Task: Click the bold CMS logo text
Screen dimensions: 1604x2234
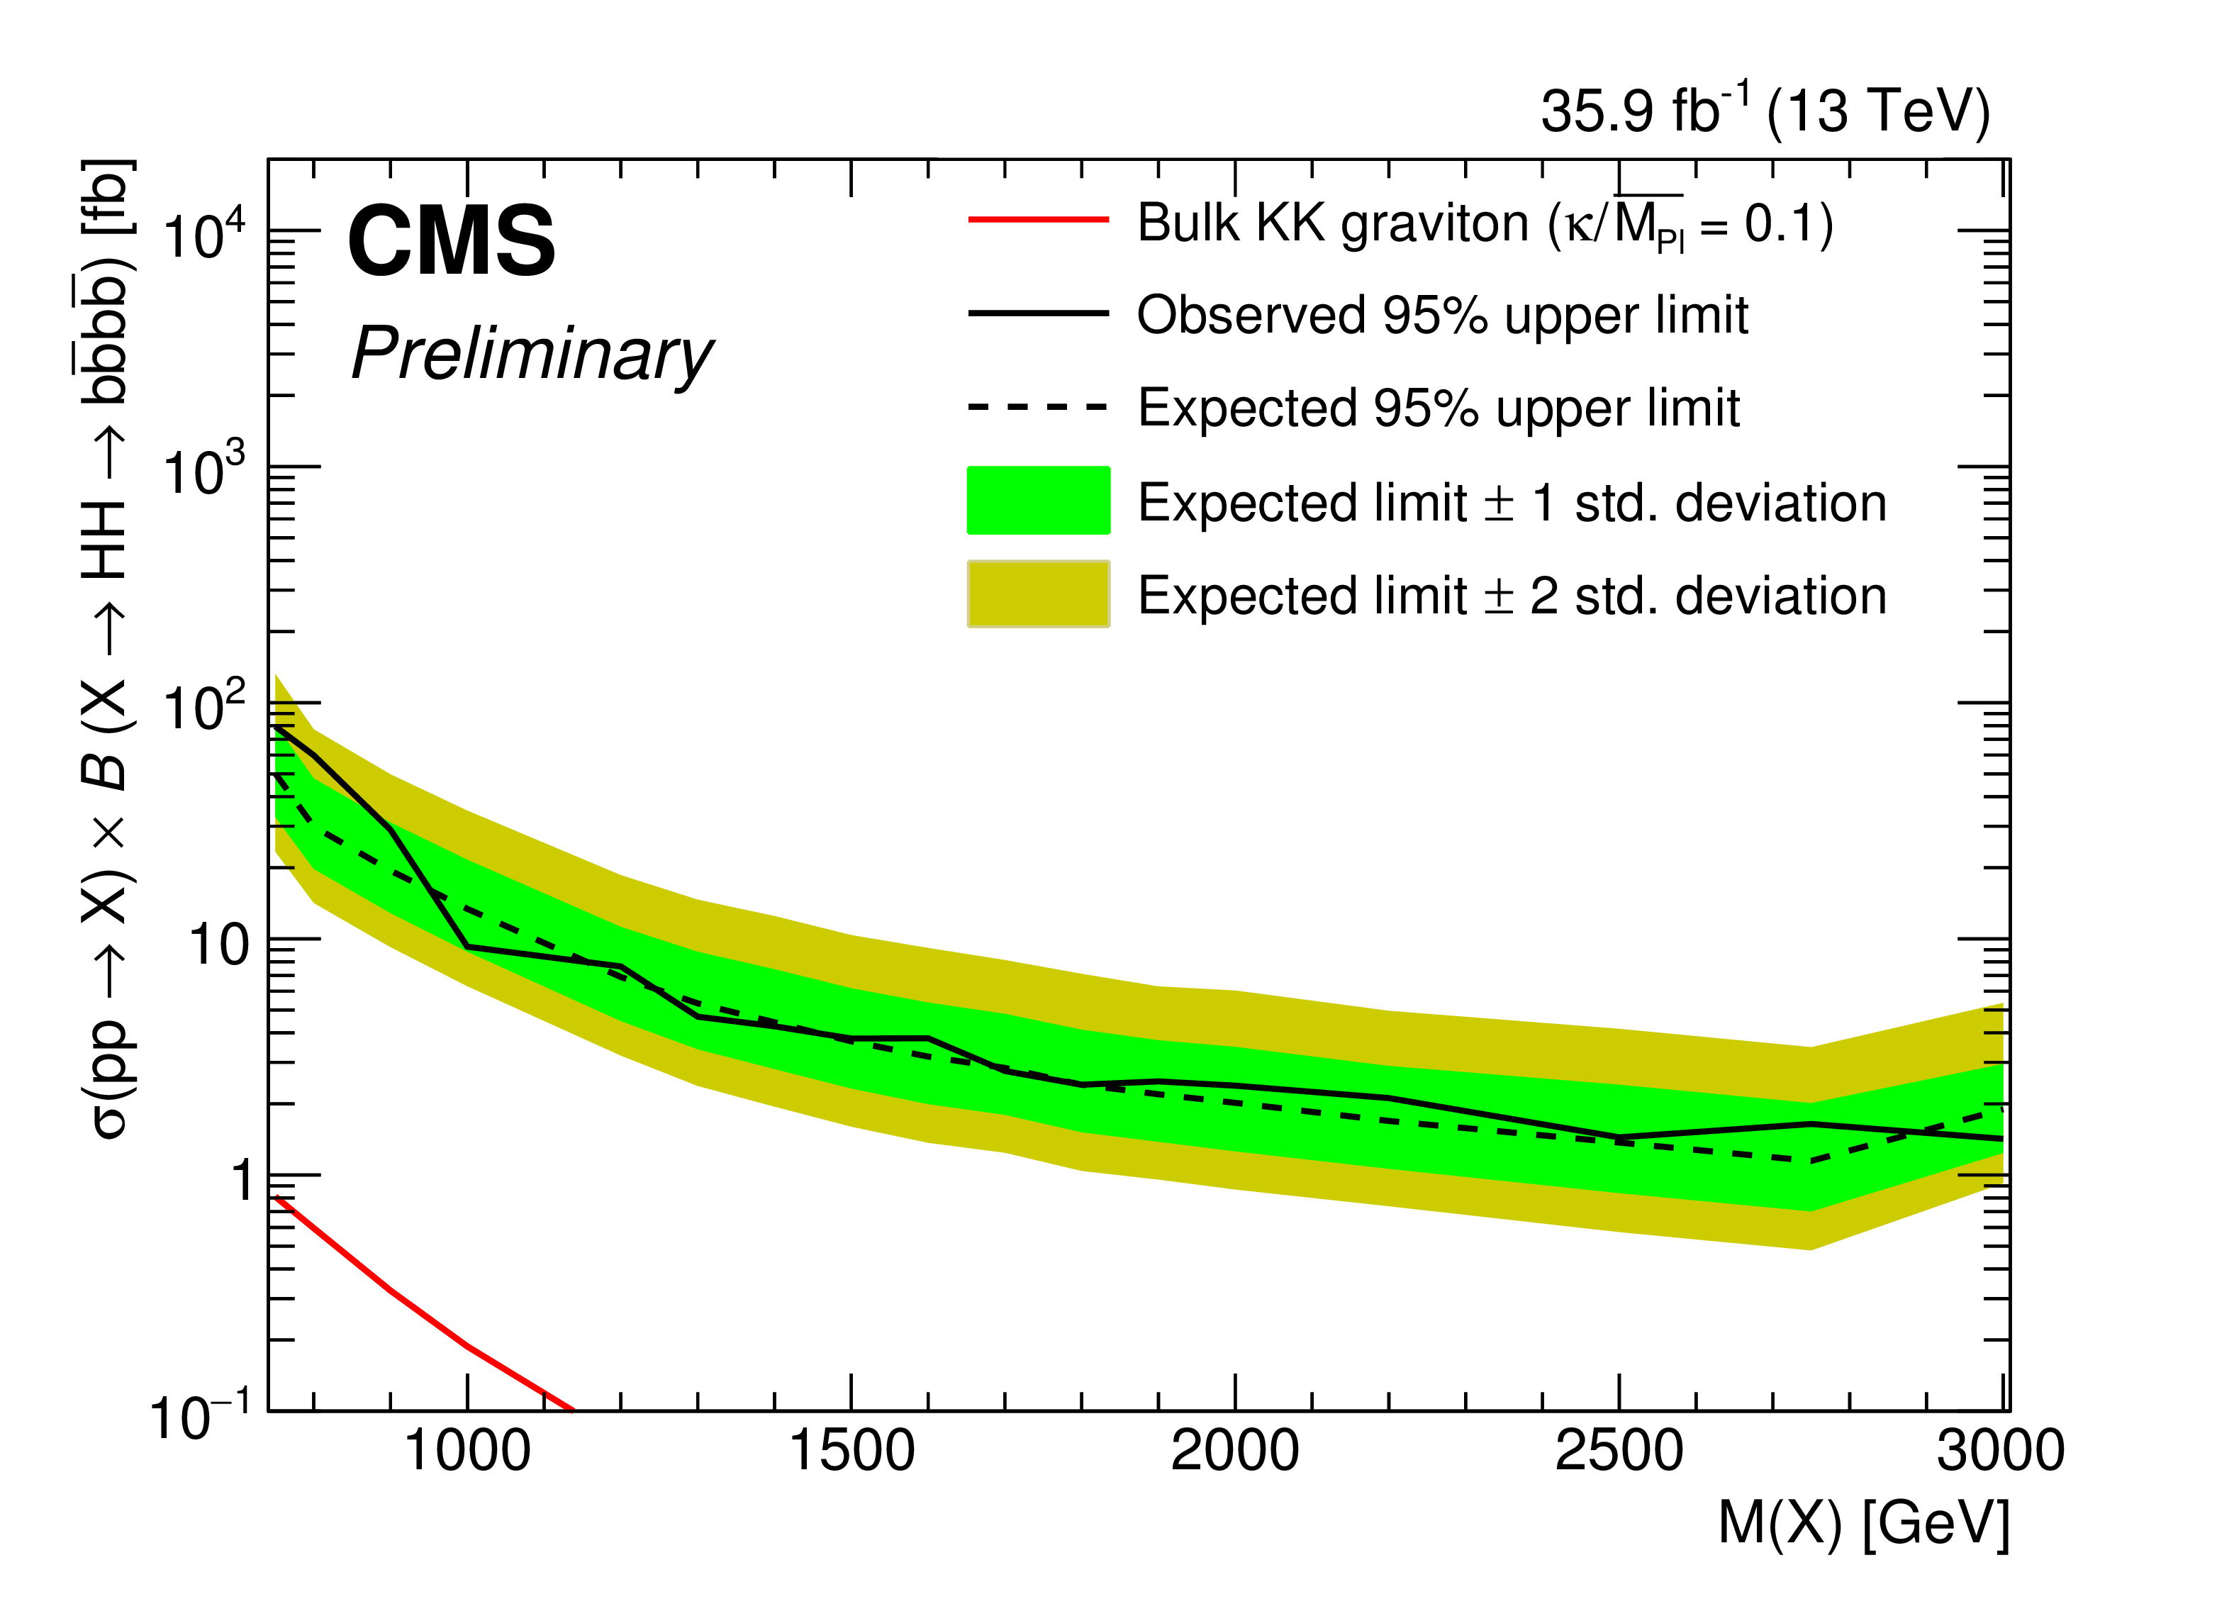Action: pyautogui.click(x=451, y=241)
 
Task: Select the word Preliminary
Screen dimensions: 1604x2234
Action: pyautogui.click(x=532, y=355)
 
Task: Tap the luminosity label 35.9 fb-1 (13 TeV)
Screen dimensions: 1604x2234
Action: pyautogui.click(x=1765, y=111)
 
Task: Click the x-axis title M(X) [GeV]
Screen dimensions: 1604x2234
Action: pyautogui.click(x=1862, y=1523)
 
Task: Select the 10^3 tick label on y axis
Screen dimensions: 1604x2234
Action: pyautogui.click(x=204, y=471)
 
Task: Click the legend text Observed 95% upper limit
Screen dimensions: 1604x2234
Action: pyautogui.click(x=1442, y=316)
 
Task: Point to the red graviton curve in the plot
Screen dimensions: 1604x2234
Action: pyautogui.click(x=394, y=1293)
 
